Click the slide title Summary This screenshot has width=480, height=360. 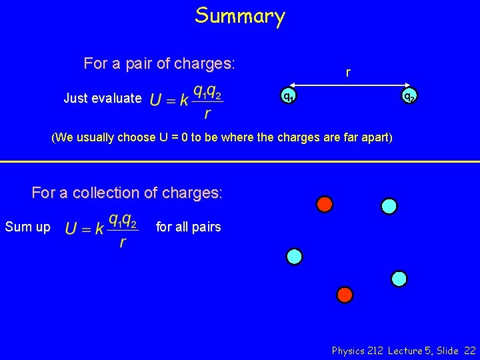pyautogui.click(x=240, y=15)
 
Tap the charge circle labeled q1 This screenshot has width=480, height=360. pyautogui.click(x=287, y=97)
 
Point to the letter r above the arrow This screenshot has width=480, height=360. pyautogui.click(x=348, y=72)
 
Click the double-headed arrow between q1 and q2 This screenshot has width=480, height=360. pyautogui.click(x=348, y=85)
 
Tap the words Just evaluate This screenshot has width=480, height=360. pyautogui.click(x=103, y=99)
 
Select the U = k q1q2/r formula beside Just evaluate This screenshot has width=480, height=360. pyautogui.click(x=186, y=101)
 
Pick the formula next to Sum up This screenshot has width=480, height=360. pyautogui.click(x=102, y=229)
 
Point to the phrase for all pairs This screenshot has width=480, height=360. pyautogui.click(x=188, y=227)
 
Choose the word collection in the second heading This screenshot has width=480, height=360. pyautogui.click(x=113, y=193)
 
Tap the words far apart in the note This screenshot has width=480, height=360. pyautogui.click(x=366, y=139)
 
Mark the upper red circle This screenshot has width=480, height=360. pyautogui.click(x=325, y=204)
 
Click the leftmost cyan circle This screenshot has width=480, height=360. pyautogui.click(x=294, y=256)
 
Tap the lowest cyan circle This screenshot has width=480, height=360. pyautogui.click(x=399, y=279)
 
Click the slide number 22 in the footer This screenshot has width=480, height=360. pyautogui.click(x=469, y=350)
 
